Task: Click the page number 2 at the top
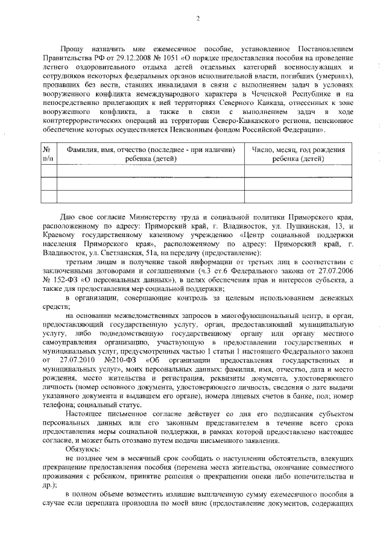[197, 19]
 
